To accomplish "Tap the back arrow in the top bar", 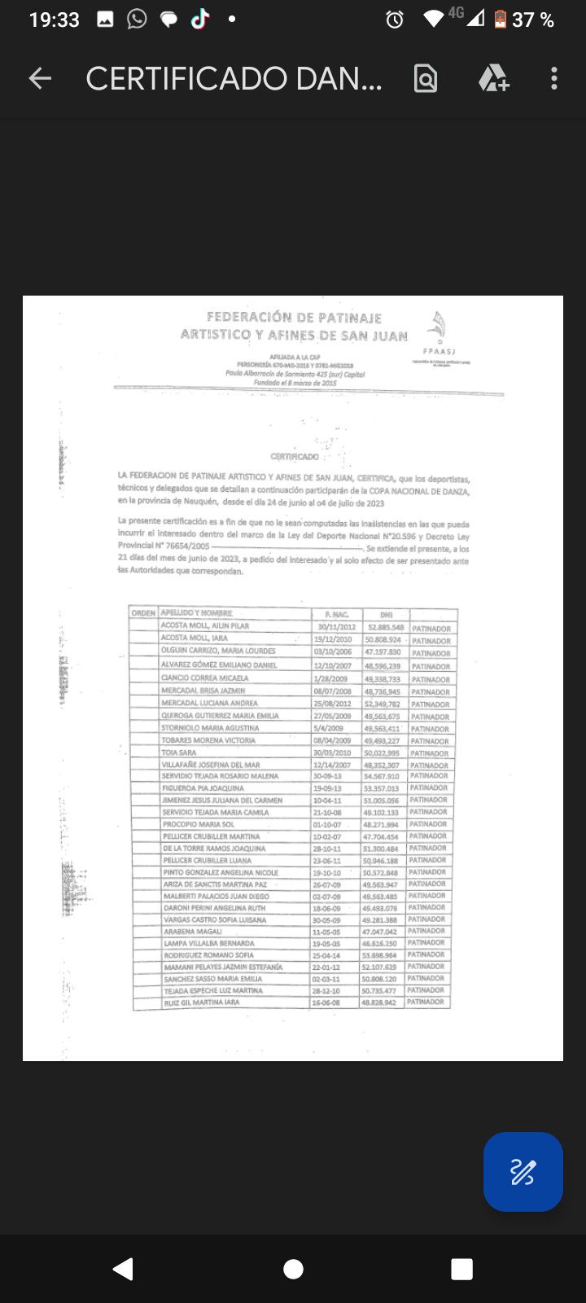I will [x=40, y=78].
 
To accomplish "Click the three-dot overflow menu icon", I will [x=554, y=78].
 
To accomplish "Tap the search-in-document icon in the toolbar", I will [x=426, y=78].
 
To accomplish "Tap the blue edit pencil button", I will [x=523, y=1172].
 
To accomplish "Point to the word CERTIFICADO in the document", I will [x=295, y=457].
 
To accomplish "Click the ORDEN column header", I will [x=143, y=613].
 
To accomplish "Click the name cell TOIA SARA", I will [x=179, y=753].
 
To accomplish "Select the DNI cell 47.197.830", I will [x=383, y=652].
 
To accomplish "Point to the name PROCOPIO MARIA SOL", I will [x=199, y=824].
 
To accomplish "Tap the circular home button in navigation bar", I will [x=293, y=1269].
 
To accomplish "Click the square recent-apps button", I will [x=461, y=1269].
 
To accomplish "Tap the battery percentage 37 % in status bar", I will [x=533, y=20].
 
